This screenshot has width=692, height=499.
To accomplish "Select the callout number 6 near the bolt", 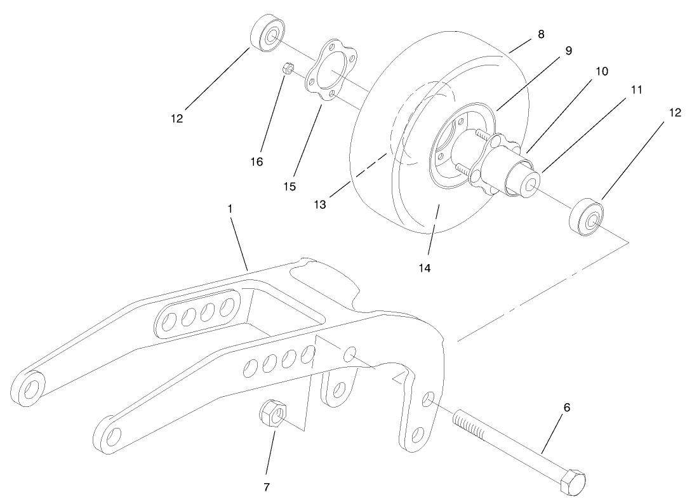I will coord(567,408).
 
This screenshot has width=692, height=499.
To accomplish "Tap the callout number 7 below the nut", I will coord(267,487).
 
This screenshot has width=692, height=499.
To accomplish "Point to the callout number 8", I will coord(540,34).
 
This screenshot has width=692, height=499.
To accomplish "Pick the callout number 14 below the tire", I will coord(425,269).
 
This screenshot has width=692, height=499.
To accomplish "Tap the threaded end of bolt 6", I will coord(469,423).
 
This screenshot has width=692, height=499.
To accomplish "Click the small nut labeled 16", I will coord(286,67).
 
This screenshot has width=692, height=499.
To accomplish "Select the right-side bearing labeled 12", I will coord(587,216).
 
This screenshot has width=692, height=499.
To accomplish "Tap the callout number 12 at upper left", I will coord(176,118).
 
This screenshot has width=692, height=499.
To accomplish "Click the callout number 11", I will coord(637,90).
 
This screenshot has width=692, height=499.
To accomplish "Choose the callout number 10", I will coord(601,71).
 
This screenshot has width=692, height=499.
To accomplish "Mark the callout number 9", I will coord(568,51).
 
